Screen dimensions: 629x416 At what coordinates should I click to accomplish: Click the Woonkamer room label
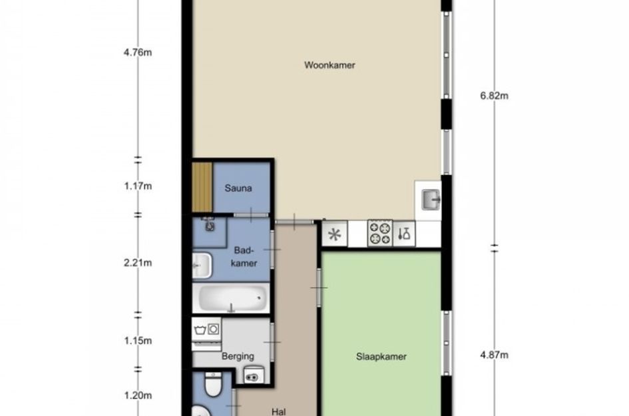329,65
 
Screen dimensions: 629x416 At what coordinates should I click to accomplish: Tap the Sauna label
238,188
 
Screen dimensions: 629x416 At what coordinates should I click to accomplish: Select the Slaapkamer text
381,357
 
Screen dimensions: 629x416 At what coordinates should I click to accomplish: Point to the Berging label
238,356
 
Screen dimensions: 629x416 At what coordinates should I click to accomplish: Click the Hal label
279,411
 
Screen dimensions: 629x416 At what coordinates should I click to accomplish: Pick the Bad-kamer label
244,257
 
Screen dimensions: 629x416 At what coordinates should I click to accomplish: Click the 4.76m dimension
138,53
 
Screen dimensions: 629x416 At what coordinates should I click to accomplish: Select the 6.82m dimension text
494,95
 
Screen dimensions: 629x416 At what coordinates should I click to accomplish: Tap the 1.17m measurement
138,186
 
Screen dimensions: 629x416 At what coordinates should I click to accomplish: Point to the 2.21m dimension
138,263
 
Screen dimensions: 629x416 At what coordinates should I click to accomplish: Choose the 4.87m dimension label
494,355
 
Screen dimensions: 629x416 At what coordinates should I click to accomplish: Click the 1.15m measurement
138,341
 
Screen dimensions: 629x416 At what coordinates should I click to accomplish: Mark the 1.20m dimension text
138,395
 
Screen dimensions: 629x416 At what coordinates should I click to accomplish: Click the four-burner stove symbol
380,233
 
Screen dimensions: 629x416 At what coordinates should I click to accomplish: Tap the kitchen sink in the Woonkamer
431,200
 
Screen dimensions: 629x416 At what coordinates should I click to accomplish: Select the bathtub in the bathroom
230,298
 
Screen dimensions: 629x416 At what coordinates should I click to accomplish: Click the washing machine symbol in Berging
206,329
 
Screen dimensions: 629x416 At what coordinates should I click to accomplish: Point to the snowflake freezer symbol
335,234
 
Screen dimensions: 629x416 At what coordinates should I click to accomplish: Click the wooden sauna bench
202,187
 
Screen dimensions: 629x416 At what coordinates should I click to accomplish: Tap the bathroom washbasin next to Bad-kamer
202,266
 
